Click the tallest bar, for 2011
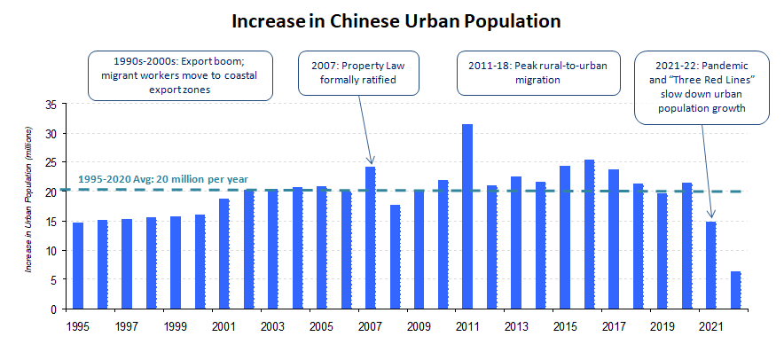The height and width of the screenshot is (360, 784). (x=467, y=217)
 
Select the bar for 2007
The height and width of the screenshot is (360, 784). (x=370, y=238)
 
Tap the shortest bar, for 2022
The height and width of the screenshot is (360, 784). (x=735, y=290)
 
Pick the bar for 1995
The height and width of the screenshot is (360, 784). (x=78, y=265)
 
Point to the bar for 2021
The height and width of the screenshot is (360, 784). (x=711, y=265)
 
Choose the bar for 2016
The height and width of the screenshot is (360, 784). (x=589, y=234)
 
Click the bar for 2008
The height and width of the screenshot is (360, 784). (x=395, y=256)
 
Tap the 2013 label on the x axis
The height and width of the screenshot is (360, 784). (x=516, y=326)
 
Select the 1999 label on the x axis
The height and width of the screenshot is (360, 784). (x=176, y=326)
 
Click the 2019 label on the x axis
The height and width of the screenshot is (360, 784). (x=662, y=326)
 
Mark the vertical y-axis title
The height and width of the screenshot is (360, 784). (x=28, y=206)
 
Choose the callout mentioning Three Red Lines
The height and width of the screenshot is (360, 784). (x=702, y=89)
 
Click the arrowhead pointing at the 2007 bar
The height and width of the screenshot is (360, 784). (x=370, y=160)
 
